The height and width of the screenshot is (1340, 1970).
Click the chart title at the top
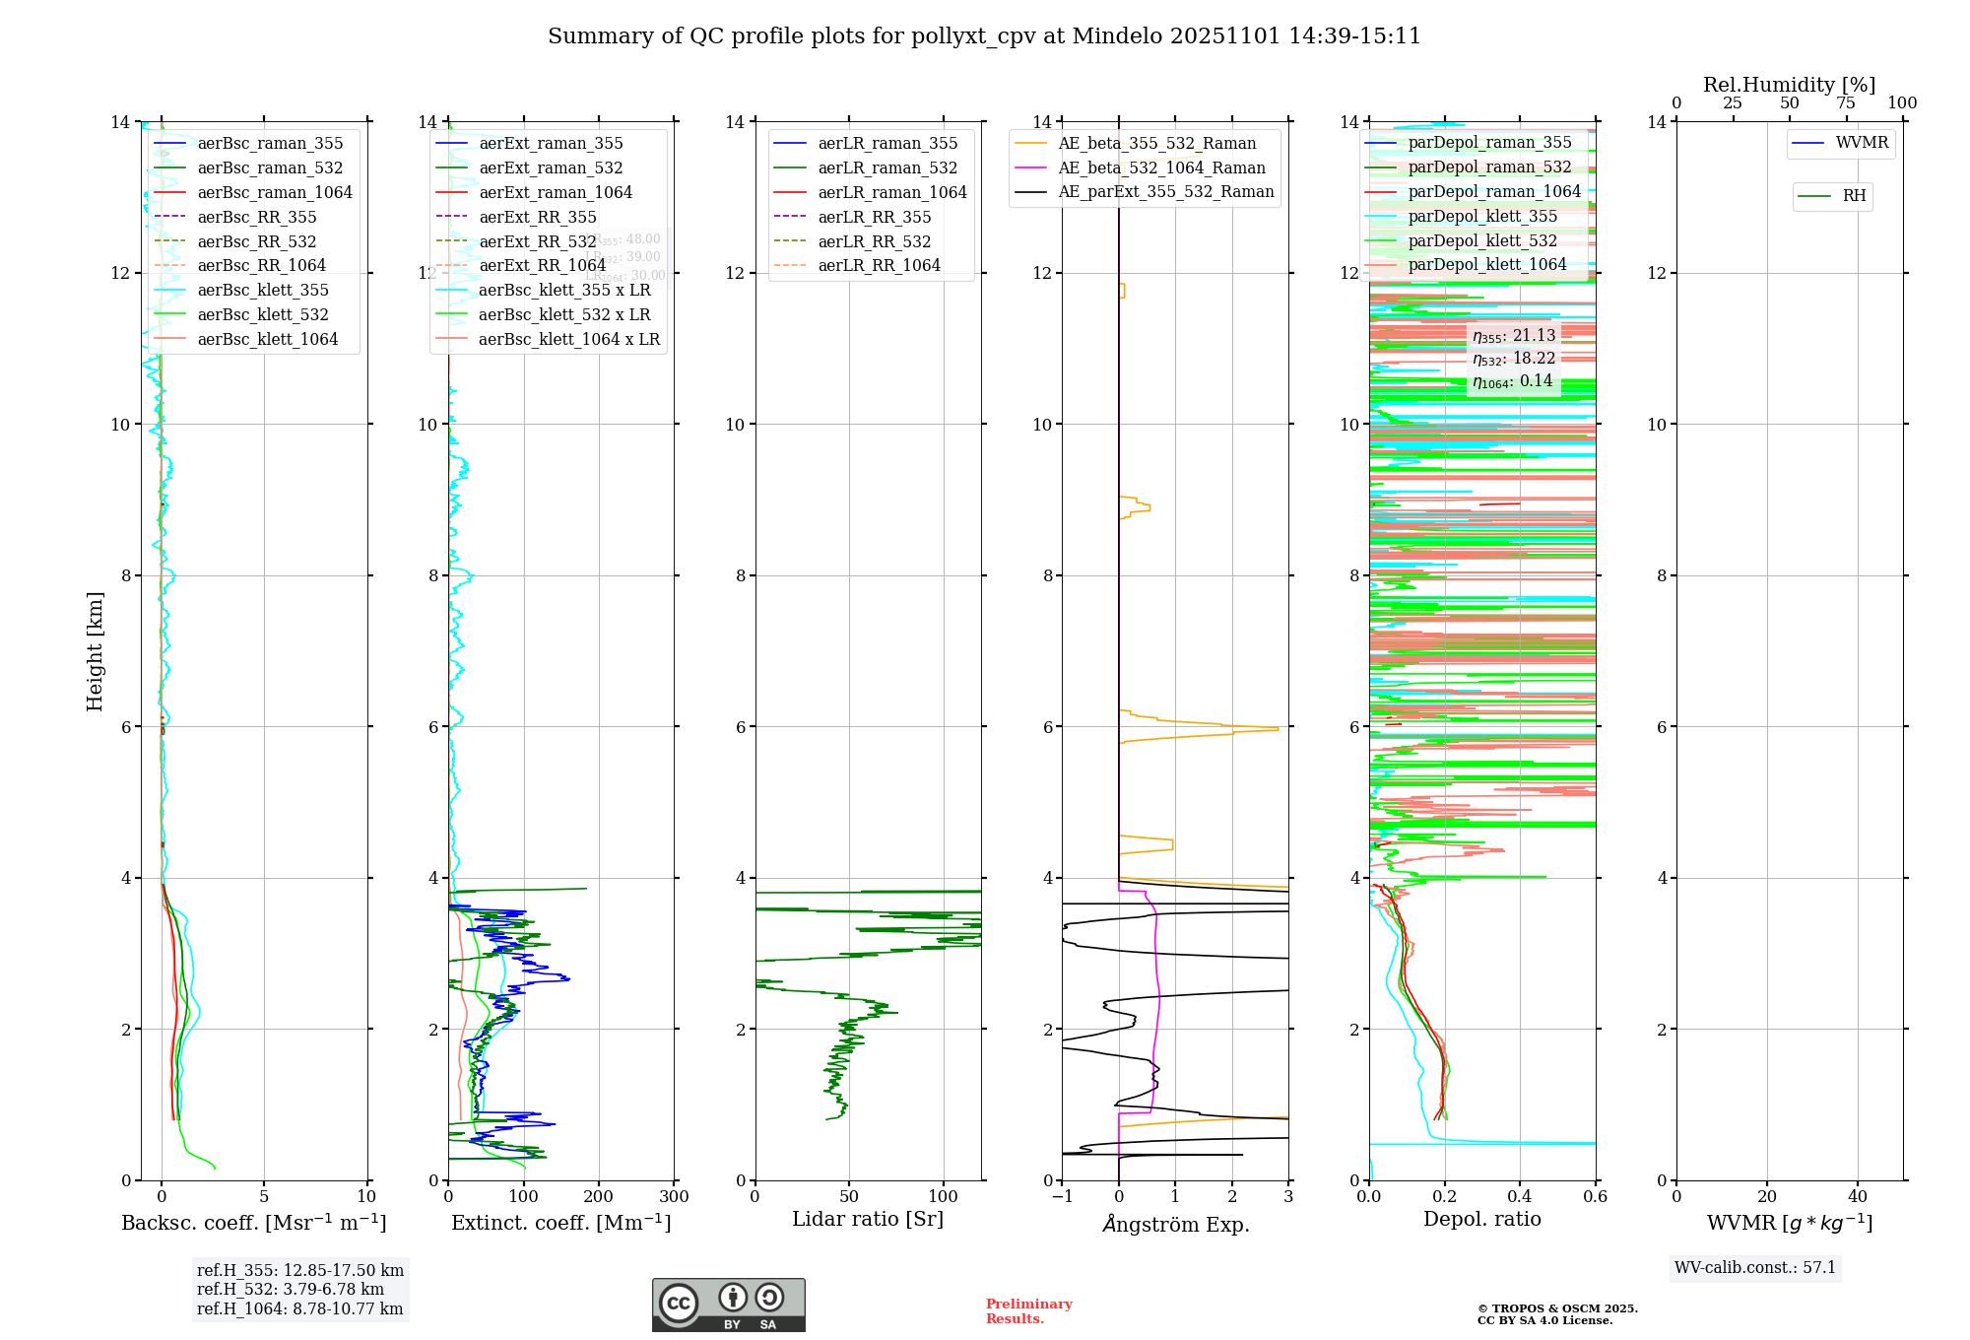(x=984, y=36)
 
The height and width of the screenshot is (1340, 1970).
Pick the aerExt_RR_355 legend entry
(x=537, y=217)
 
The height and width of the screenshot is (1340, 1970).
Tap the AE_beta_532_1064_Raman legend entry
(x=1161, y=167)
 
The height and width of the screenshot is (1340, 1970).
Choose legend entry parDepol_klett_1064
(x=1486, y=264)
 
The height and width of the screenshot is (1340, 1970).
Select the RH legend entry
(x=1853, y=196)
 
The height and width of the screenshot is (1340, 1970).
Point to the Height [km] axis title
(x=95, y=651)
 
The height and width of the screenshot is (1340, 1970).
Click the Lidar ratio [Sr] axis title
(x=867, y=1219)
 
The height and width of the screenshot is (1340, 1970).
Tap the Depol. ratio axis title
(x=1481, y=1219)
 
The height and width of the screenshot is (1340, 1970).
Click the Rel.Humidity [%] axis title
(x=1789, y=85)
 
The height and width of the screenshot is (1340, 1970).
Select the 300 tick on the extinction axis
(x=675, y=1196)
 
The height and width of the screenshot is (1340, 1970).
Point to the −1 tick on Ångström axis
(x=1062, y=1196)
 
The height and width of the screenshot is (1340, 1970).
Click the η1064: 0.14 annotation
(x=1512, y=381)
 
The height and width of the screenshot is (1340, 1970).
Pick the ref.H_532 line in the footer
(x=290, y=1289)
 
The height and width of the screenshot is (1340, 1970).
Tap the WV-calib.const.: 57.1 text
(x=1755, y=1267)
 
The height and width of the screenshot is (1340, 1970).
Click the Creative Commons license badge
(x=728, y=1305)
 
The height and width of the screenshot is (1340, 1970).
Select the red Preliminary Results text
(x=1028, y=1310)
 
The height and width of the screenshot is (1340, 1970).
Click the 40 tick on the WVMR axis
(x=1858, y=1196)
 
